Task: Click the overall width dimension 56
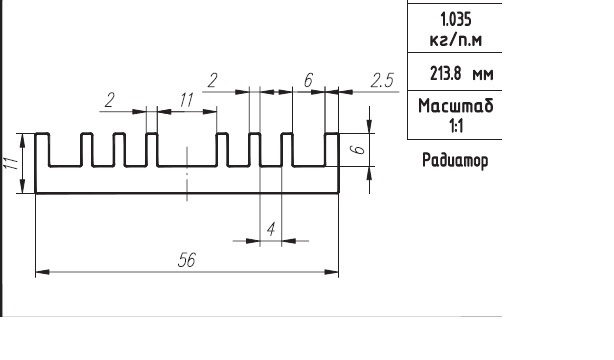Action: click(x=186, y=260)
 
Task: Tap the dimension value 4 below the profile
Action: click(x=271, y=229)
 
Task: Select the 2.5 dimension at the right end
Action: click(x=382, y=80)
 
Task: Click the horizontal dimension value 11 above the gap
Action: click(x=187, y=100)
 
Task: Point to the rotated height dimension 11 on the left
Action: click(x=11, y=163)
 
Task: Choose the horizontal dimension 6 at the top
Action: click(x=309, y=80)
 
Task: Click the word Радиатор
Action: click(x=455, y=161)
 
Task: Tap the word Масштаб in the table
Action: click(x=455, y=106)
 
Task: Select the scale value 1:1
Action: click(x=456, y=126)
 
